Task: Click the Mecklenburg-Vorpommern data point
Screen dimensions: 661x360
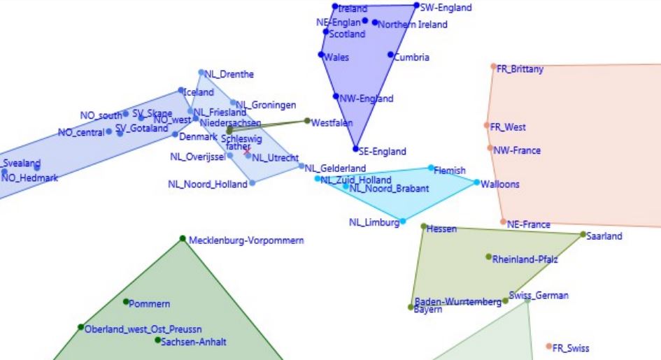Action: click(x=183, y=238)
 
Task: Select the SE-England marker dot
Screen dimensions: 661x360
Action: click(x=355, y=149)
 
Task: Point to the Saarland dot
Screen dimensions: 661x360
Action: click(x=583, y=234)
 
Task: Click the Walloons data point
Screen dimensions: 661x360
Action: click(x=477, y=182)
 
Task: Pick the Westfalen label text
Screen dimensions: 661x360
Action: click(x=332, y=123)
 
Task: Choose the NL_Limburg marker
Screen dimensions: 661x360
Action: click(x=402, y=221)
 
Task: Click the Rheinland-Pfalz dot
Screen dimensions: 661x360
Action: click(x=489, y=257)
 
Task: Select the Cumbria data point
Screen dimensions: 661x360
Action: click(x=390, y=55)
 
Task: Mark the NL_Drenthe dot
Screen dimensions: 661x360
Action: click(x=201, y=71)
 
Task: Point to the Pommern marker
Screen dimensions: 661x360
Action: click(x=127, y=302)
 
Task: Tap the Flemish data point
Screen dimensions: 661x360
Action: click(x=431, y=168)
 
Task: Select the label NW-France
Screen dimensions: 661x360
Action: click(x=517, y=150)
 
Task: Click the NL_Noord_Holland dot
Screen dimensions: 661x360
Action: click(x=253, y=182)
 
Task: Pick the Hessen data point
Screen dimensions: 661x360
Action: click(x=423, y=226)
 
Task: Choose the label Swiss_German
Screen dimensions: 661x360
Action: click(x=539, y=295)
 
